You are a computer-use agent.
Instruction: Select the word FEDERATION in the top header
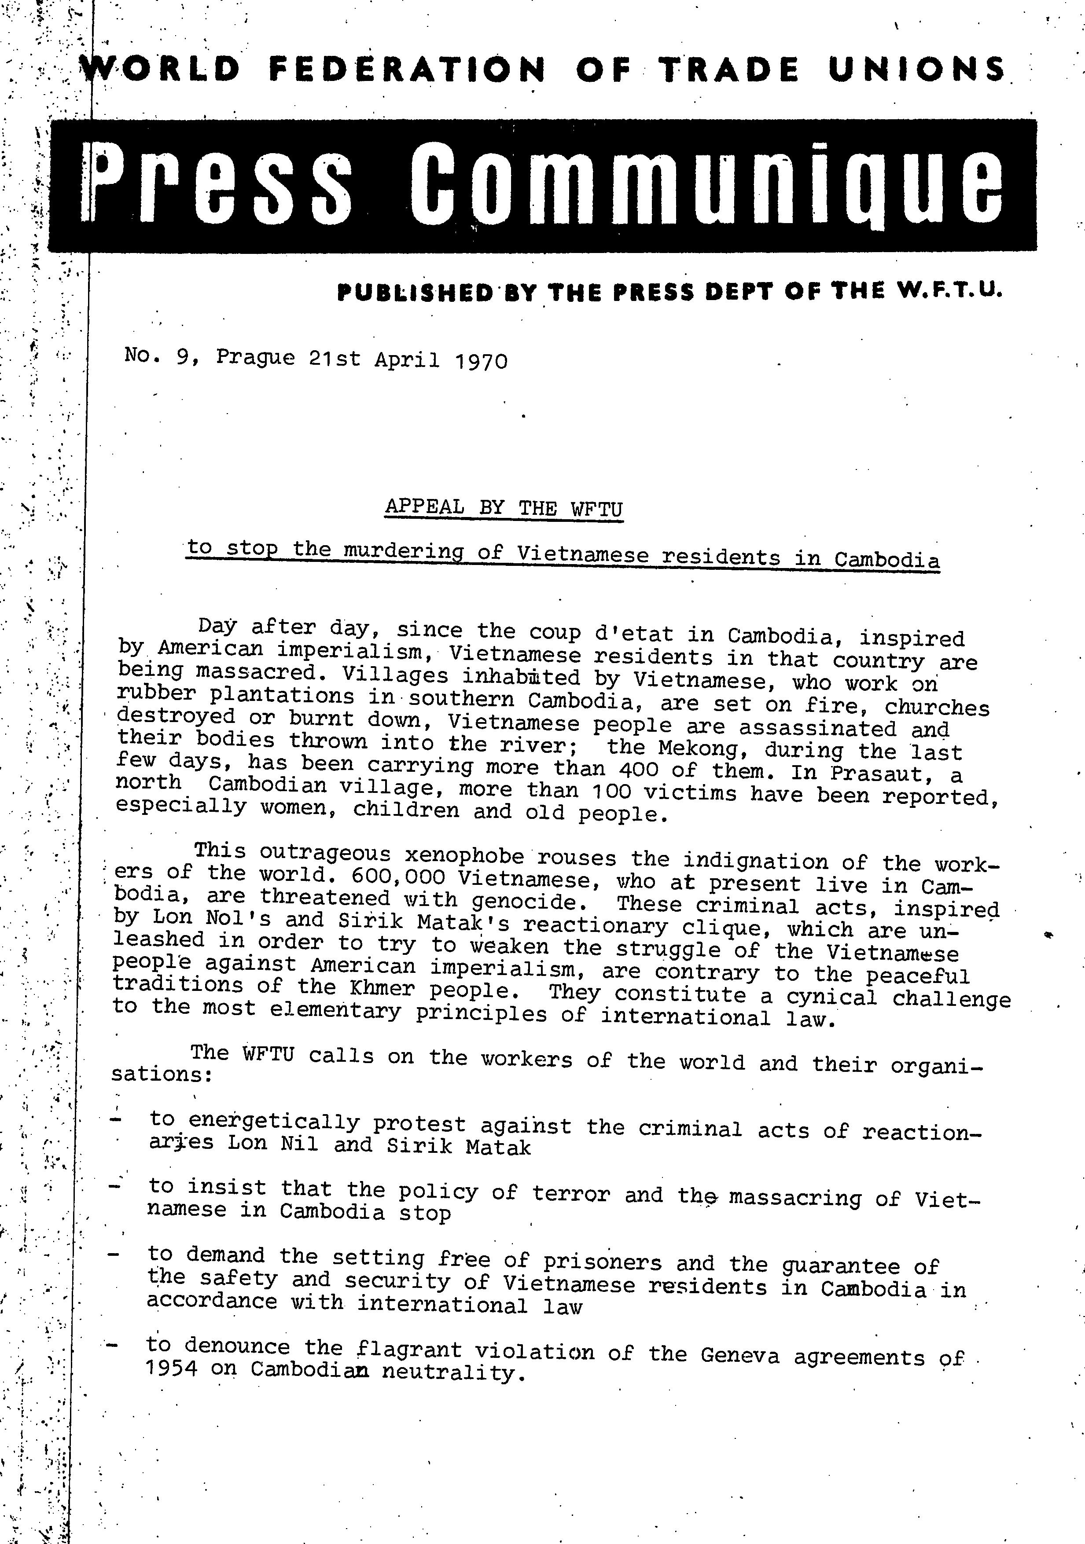pos(407,69)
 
